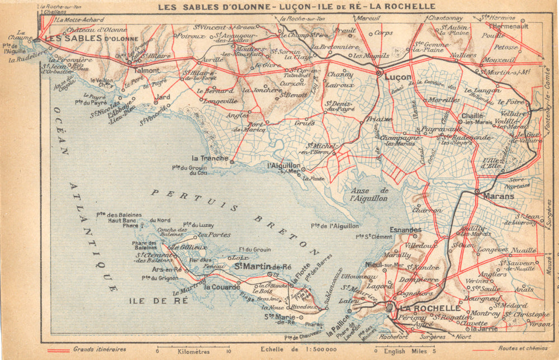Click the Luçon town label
pyautogui.click(x=397, y=78)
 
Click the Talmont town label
pyautogui.click(x=148, y=71)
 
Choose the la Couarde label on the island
pyautogui.click(x=222, y=287)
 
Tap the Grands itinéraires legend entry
pyautogui.click(x=100, y=350)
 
